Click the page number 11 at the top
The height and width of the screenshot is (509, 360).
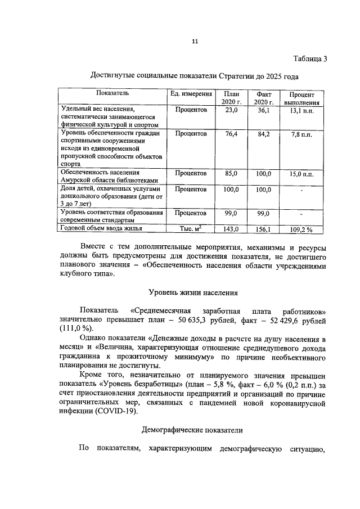click(x=195, y=40)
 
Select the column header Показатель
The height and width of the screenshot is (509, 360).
click(x=112, y=93)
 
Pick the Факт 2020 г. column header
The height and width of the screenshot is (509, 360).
click(x=263, y=98)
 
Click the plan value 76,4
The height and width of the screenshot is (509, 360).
click(x=231, y=134)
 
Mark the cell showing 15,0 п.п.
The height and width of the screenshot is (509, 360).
click(x=302, y=174)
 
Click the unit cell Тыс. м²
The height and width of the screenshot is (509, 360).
click(x=191, y=228)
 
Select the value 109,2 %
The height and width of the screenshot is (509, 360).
click(x=302, y=229)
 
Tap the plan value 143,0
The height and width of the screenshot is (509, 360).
click(x=231, y=229)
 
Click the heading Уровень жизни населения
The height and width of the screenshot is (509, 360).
click(x=193, y=292)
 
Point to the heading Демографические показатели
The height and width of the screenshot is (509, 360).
click(x=192, y=430)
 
